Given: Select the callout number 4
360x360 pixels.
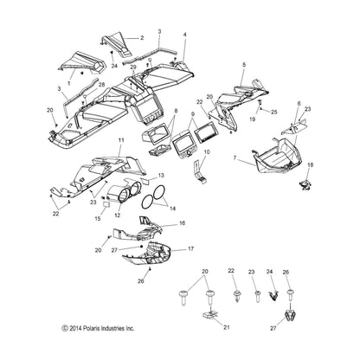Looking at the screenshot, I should click(184, 35).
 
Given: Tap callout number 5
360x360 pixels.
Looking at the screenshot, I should click(243, 66).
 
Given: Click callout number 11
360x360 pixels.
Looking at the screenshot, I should click(120, 139).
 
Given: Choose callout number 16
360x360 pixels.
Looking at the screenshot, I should click(183, 223).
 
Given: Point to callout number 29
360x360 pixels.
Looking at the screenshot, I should click(133, 67).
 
